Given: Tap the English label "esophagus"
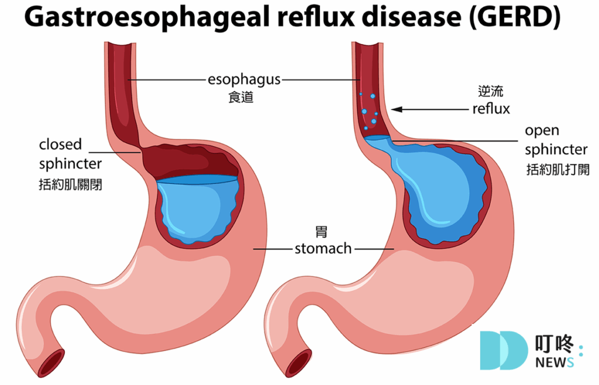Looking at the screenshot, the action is tap(244, 80).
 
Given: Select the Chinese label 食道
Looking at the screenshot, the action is tap(241, 97).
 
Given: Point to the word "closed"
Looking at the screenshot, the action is tap(60, 144).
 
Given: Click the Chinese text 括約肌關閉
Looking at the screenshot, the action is tap(70, 185).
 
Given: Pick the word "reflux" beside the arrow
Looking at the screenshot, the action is tap(491, 108).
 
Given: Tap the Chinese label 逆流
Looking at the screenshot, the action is tap(491, 91).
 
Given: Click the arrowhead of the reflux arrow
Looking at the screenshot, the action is tap(397, 110).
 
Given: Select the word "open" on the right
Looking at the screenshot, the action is tap(542, 131).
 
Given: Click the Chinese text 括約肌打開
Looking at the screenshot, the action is tap(557, 169).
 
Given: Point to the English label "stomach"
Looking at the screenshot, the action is tap(323, 249).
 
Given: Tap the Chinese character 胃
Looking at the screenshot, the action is tap(321, 232).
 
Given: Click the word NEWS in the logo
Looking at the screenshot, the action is tap(555, 362).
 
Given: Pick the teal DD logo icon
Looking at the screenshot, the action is tap(504, 350).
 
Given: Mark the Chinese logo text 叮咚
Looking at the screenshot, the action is tap(554, 343).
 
